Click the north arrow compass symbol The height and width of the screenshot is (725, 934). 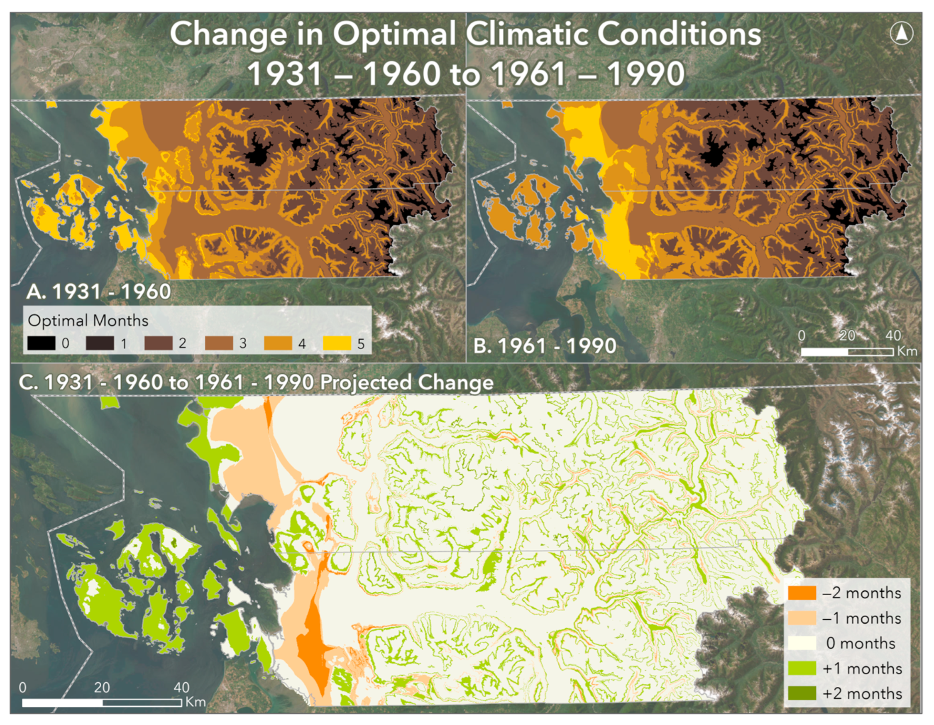[901, 33]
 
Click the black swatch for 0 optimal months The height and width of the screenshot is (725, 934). [42, 343]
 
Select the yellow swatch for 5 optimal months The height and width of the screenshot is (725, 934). [337, 343]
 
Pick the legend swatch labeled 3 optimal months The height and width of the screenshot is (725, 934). [218, 343]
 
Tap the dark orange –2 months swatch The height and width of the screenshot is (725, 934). [802, 593]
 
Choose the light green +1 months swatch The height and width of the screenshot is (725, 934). [802, 668]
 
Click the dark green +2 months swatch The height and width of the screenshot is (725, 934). [802, 693]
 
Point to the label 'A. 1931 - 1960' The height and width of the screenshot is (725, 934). [98, 292]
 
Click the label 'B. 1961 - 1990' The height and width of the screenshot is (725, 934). [544, 346]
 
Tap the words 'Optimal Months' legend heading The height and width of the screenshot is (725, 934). [88, 321]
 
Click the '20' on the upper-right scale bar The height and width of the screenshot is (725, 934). [847, 336]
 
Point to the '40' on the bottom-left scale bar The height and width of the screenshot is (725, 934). [181, 687]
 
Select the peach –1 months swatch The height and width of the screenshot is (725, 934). [802, 618]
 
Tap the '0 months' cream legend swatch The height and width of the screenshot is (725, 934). [802, 643]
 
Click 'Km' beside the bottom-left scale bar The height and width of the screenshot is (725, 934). [196, 702]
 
